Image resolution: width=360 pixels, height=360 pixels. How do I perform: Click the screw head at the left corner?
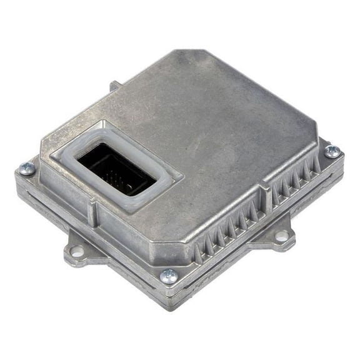27,168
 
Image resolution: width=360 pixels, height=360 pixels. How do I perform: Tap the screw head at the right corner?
332,151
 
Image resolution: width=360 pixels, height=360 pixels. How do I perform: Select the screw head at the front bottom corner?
169,276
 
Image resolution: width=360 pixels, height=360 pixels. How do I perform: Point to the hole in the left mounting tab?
78,251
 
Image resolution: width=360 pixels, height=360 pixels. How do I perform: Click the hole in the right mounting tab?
282,236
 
